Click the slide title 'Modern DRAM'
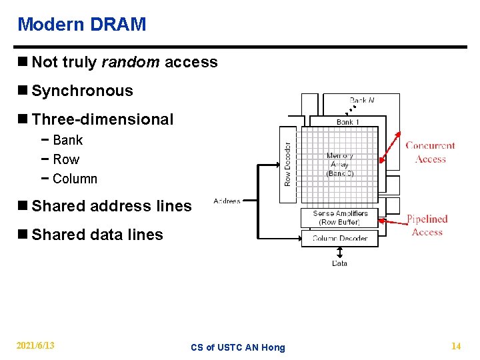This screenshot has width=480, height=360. pos(81,25)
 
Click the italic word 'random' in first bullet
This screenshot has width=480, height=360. pos(130,62)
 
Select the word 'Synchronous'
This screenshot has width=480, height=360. pos(82,91)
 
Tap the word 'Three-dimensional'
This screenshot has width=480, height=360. pos(102,119)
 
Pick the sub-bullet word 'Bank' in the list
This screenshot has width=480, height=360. pos(67,140)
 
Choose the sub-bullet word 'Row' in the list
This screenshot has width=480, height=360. pos(65,159)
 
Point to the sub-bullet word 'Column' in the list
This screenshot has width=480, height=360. pos(75,179)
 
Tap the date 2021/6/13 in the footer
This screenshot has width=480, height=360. pos(36,345)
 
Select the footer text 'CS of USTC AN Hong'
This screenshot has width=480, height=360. pos(237,347)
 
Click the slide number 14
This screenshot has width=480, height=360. pos(456,345)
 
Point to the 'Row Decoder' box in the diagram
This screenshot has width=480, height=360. pos(287,163)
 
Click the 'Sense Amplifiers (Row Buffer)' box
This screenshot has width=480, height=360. pos(339,218)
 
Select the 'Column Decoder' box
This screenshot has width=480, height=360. pos(339,238)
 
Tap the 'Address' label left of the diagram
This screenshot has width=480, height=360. pos(227,201)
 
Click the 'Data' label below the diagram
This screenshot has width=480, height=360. pos(339,263)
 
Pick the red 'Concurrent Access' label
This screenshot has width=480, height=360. pos(430,152)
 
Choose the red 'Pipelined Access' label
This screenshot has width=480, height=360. pos(427,225)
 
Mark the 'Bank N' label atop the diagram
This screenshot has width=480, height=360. pos(361,100)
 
